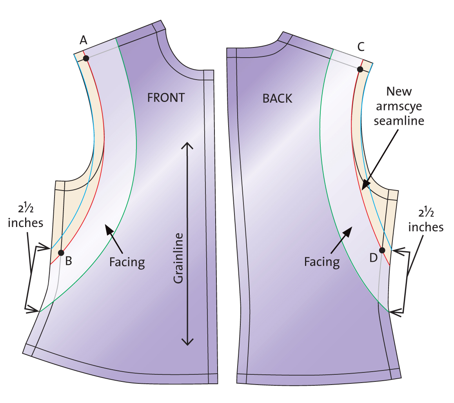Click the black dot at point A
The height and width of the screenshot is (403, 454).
click(x=86, y=58)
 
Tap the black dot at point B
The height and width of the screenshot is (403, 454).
click(x=61, y=253)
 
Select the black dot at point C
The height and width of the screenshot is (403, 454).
click(x=360, y=69)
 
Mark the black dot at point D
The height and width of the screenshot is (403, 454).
click(x=382, y=250)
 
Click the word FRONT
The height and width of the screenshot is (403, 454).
click(x=166, y=98)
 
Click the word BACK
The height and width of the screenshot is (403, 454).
click(x=278, y=98)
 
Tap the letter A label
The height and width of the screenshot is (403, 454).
click(x=83, y=40)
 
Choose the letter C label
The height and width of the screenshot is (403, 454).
click(x=361, y=47)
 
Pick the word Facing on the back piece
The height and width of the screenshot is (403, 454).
click(x=321, y=261)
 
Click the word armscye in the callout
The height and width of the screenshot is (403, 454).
click(x=399, y=106)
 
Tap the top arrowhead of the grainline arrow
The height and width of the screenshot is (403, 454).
click(x=188, y=144)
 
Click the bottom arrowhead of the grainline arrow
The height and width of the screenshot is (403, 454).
click(x=188, y=343)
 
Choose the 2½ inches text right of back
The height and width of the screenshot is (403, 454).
click(x=426, y=222)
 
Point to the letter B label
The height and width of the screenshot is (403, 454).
click(x=69, y=260)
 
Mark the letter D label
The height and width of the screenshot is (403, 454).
click(x=373, y=258)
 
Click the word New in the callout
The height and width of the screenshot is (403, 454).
click(x=399, y=92)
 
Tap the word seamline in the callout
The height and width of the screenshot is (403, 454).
click(x=399, y=121)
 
